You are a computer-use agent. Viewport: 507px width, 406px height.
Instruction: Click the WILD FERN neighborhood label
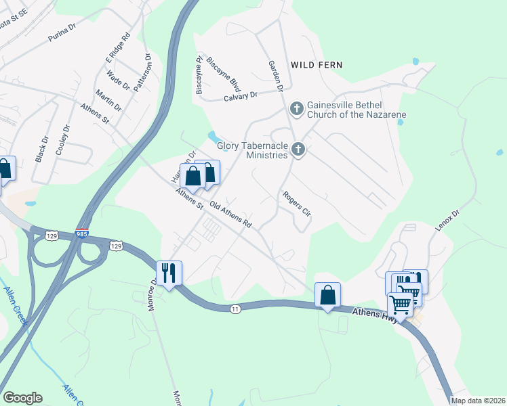coord(316,65)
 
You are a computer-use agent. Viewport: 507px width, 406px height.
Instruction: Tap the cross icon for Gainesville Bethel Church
coord(296,108)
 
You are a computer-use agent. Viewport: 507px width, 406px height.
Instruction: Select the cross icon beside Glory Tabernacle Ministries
coord(297,150)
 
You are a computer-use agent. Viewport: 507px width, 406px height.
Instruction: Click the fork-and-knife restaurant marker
coord(169,273)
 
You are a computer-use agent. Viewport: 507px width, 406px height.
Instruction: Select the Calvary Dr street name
coord(241,96)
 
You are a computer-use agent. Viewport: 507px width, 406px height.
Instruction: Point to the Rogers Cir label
coord(296,203)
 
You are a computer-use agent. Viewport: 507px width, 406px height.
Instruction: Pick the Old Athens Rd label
coord(230,215)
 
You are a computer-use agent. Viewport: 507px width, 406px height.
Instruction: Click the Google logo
coord(22,398)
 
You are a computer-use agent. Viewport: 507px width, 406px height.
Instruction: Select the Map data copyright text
coord(477,401)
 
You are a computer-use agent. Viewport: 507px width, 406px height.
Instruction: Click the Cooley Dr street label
coord(62,140)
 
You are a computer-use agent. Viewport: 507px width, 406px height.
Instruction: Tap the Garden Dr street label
coord(275,76)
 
